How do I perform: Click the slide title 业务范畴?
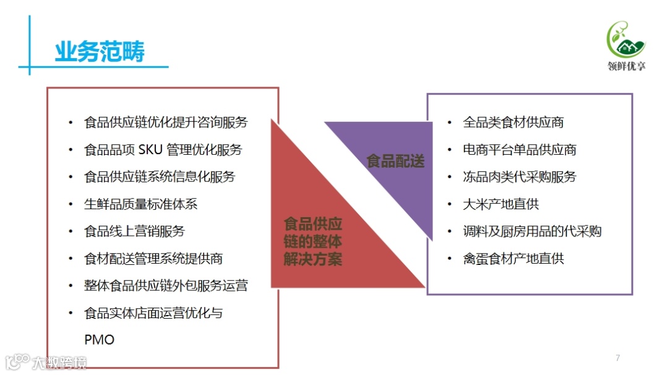click(100, 52)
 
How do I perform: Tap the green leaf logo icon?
click(625, 39)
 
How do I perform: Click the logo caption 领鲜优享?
click(626, 66)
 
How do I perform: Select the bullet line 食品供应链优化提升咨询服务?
click(166, 123)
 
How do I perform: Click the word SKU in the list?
click(151, 150)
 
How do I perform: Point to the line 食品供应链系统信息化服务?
click(160, 177)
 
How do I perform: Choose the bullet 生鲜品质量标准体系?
click(141, 204)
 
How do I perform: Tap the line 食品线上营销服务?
click(134, 231)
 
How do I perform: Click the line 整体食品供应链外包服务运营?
click(166, 286)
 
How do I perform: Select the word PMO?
click(100, 340)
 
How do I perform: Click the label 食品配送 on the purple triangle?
click(396, 162)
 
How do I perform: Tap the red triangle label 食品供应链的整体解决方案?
click(312, 241)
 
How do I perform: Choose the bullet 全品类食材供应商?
click(513, 123)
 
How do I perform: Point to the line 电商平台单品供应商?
click(520, 150)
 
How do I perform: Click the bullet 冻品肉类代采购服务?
click(520, 177)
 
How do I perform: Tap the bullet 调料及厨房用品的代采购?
click(532, 231)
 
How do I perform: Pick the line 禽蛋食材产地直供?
click(513, 259)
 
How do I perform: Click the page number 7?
click(617, 358)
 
